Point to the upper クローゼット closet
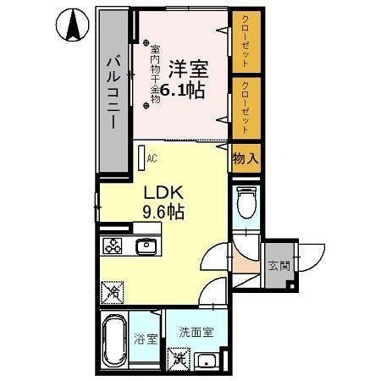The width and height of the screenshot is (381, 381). (x=244, y=42)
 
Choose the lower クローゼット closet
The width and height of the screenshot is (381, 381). (x=244, y=108)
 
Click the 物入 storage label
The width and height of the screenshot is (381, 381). (x=244, y=158)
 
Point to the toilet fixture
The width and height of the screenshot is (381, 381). (x=245, y=203)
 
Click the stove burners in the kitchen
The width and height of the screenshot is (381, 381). (x=113, y=246)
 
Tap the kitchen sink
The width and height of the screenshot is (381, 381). (x=145, y=246)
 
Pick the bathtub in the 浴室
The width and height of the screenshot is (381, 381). (x=113, y=340)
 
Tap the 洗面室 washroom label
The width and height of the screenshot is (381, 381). (x=194, y=333)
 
